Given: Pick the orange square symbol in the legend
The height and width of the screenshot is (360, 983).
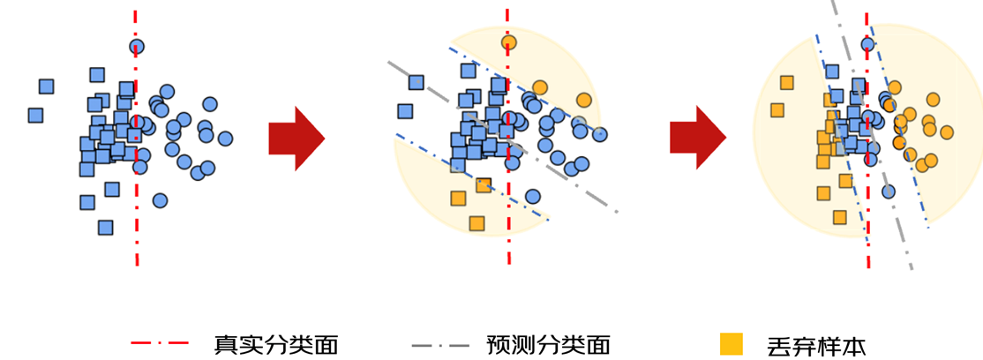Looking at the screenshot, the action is (731, 343).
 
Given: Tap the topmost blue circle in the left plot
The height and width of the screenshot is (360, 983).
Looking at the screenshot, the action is (137, 47).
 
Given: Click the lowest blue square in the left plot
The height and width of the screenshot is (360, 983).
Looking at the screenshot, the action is (106, 228).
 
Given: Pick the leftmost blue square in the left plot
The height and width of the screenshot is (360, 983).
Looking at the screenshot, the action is (36, 115).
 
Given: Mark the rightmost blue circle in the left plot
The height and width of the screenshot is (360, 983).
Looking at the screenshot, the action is (225, 139).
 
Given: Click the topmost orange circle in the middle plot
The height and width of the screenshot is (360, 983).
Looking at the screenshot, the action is (508, 41).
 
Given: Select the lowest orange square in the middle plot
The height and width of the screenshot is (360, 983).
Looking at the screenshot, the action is (477, 223).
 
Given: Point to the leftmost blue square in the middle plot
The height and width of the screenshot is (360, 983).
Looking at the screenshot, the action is (405, 111).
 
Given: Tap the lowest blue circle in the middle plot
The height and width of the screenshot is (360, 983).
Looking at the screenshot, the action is (532, 196).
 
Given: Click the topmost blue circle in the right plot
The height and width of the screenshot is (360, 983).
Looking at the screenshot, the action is (867, 43).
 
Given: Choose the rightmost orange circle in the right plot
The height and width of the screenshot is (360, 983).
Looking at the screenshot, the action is (947, 132).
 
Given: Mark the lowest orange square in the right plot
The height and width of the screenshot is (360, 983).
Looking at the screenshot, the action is (839, 217).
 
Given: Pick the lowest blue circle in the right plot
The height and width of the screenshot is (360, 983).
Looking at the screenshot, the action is (889, 191).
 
